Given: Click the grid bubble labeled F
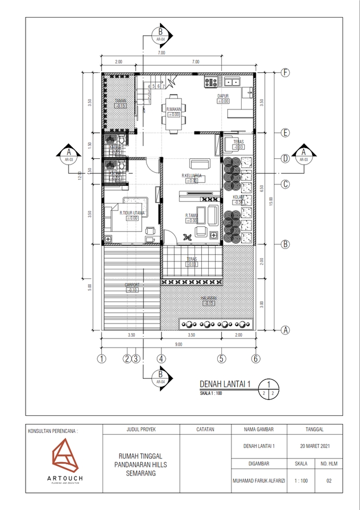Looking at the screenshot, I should click(x=286, y=73).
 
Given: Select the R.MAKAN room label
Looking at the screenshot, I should click(x=174, y=109).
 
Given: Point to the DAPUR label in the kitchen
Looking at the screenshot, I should click(x=222, y=96).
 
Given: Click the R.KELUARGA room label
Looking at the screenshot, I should click(x=190, y=176).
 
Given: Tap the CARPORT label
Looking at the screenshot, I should click(x=132, y=285).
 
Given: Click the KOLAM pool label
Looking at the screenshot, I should click(x=238, y=197).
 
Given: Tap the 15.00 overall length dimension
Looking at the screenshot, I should click(x=270, y=201).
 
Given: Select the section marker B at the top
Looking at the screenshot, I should click(x=159, y=33).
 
